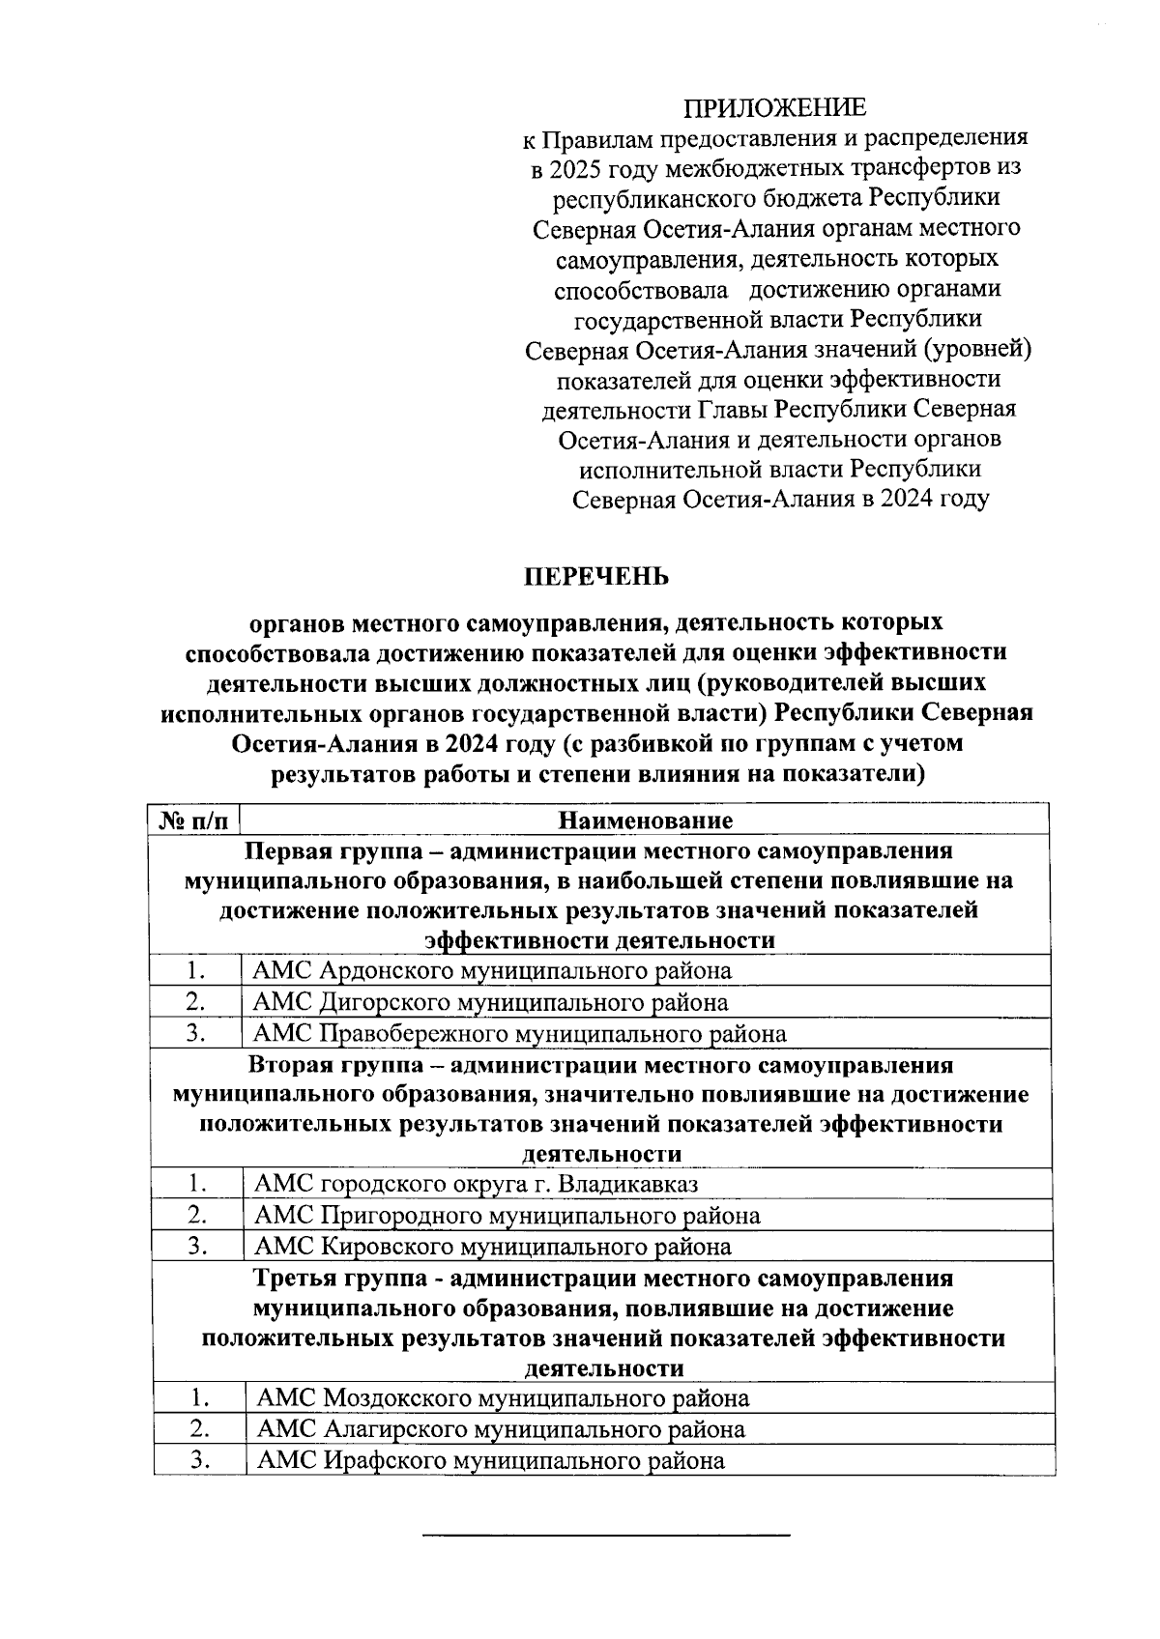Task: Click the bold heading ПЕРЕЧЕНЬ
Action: [x=596, y=577]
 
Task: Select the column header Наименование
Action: [x=645, y=820]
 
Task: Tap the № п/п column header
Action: [x=193, y=820]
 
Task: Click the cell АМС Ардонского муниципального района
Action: [x=491, y=970]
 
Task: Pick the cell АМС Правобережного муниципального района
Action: [x=518, y=1034]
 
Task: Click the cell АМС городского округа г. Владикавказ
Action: [x=475, y=1184]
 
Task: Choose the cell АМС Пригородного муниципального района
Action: [x=506, y=1215]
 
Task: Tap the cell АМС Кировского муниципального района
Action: [x=491, y=1247]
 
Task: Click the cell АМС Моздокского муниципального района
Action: [x=502, y=1397]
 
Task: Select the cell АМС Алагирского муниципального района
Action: [x=500, y=1428]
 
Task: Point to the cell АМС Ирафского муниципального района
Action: [x=490, y=1460]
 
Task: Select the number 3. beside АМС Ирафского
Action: [x=200, y=1460]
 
